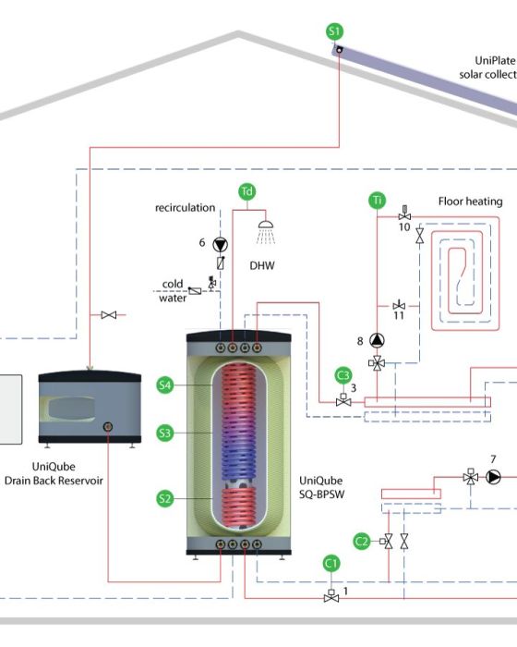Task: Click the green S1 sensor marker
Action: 334,31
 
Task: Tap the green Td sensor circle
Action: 246,191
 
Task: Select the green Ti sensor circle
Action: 377,201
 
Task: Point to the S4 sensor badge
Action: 165,385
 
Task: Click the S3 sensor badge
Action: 165,433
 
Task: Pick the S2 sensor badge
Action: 165,498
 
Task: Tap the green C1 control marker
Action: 331,564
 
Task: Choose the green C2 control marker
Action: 362,541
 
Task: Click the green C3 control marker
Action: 343,375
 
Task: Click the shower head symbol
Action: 266,232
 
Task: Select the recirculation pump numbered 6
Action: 220,245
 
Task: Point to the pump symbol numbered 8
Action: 377,340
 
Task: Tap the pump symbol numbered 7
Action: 494,477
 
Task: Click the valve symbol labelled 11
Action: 399,305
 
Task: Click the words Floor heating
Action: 471,201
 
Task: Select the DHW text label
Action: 262,265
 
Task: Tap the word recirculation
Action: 186,208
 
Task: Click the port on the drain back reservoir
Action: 108,427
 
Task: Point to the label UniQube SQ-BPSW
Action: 321,487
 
